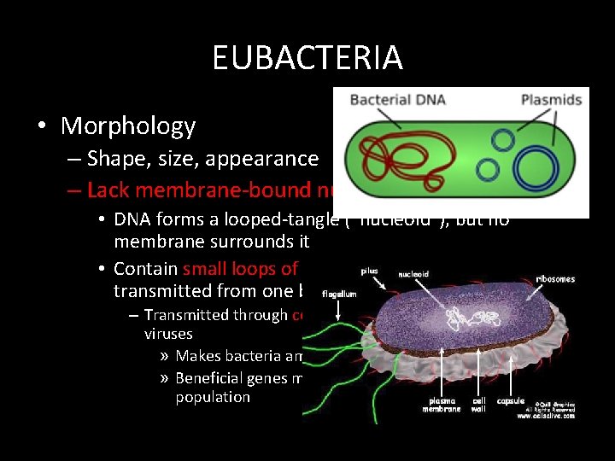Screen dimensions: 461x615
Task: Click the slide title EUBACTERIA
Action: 307,58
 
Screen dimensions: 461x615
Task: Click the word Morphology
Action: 128,126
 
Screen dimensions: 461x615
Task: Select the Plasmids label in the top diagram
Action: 551,100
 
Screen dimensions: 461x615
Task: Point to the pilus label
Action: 368,271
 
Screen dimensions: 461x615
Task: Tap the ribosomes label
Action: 555,278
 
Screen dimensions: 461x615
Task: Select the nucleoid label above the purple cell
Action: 415,275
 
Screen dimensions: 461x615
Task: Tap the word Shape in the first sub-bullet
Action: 114,159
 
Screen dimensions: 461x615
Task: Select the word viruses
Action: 168,335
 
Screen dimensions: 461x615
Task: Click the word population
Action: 213,397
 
